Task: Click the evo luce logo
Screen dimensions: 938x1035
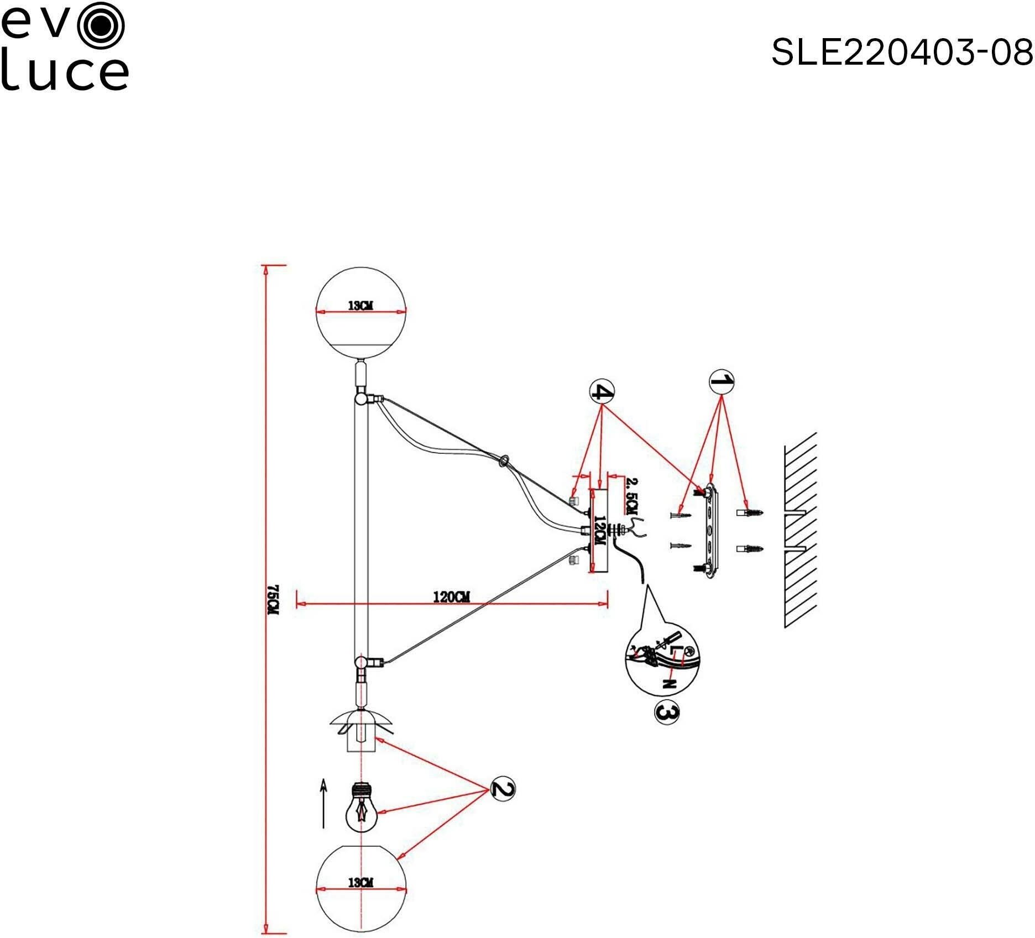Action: (x=64, y=47)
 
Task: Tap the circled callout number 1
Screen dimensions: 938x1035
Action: (x=722, y=381)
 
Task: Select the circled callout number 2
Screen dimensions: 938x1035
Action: (x=502, y=789)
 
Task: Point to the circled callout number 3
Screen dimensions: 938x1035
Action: (x=666, y=713)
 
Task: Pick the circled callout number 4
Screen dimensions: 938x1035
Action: (x=602, y=392)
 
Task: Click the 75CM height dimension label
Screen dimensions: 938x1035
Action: (x=271, y=599)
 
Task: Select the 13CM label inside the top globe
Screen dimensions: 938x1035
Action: (x=360, y=305)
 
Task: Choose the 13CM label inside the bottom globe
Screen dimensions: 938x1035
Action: (x=360, y=883)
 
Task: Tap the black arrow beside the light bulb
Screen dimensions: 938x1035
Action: (x=323, y=804)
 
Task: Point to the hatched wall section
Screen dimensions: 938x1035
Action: (x=800, y=531)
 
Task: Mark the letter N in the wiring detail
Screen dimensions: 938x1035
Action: (x=670, y=684)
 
